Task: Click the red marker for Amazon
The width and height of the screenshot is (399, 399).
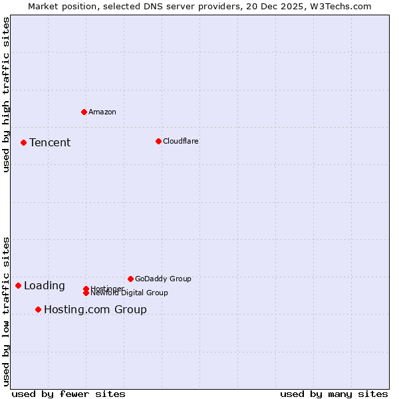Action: (84, 112)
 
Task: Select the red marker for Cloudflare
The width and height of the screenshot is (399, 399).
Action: (158, 141)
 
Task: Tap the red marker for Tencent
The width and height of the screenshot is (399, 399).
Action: (23, 142)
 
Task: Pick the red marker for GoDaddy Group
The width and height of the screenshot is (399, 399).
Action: (130, 279)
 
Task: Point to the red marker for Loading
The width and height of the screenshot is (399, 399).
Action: (18, 285)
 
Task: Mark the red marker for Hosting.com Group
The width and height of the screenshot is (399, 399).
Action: (38, 309)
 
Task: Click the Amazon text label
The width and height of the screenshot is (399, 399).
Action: (102, 112)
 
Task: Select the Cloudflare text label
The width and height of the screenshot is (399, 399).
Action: (181, 141)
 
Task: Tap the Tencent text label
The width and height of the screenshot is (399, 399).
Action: (50, 142)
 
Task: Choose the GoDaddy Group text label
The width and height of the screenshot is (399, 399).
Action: (163, 279)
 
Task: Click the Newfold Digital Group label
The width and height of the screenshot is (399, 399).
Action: (130, 293)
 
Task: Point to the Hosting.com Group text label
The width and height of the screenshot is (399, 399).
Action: (95, 309)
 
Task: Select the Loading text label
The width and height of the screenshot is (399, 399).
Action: (45, 286)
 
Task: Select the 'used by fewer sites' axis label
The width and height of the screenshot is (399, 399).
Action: (68, 394)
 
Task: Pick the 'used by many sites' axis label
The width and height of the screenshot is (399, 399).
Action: (334, 394)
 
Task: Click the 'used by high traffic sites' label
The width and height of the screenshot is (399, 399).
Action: (6, 94)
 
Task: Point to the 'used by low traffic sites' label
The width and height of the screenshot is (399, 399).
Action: (6, 311)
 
